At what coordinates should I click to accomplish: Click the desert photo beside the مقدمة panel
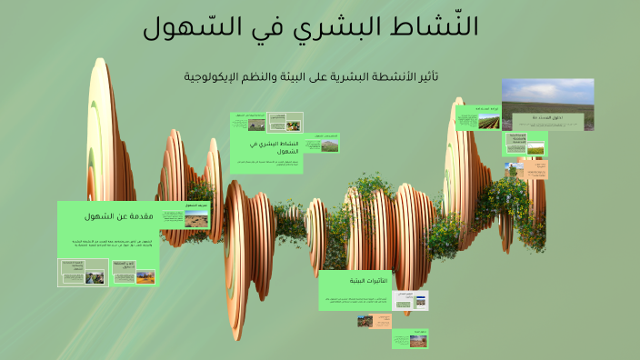[x=195, y=219]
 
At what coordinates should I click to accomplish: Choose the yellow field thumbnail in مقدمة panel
[x=145, y=276]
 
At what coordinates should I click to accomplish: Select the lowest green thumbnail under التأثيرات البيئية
[x=410, y=338]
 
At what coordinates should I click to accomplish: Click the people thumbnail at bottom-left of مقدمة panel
[x=95, y=276]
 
